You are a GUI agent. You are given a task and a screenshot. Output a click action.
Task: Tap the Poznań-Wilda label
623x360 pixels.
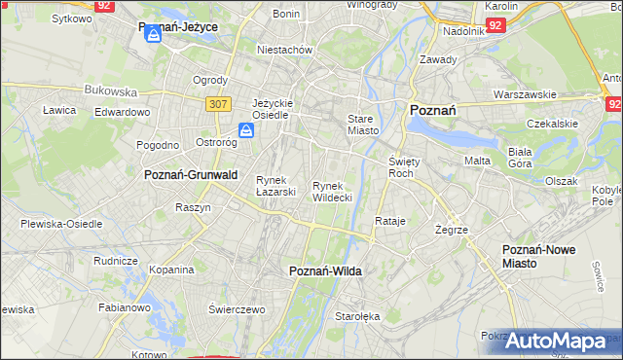click(x=326, y=271)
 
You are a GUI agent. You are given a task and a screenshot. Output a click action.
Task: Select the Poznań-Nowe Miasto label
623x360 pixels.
click(x=538, y=256)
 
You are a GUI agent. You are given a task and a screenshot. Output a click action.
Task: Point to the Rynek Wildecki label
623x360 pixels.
click(x=332, y=191)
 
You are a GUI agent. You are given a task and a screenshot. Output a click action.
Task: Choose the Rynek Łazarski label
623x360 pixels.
click(x=275, y=185)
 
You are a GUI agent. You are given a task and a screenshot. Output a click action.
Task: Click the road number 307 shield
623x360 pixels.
click(x=217, y=103)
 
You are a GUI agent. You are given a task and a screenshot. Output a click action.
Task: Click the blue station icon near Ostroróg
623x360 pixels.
click(x=247, y=129)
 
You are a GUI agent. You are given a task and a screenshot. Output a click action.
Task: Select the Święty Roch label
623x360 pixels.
click(x=402, y=166)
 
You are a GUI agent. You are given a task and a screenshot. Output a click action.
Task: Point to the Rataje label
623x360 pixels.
click(x=389, y=221)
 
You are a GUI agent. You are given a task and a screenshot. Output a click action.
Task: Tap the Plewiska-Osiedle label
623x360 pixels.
click(x=61, y=223)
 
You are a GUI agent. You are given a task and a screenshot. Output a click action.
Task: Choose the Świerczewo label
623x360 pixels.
click(x=237, y=308)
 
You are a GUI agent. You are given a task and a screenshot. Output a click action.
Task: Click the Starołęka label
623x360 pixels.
click(x=357, y=316)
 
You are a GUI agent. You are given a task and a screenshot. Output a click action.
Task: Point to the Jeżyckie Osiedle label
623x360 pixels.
click(x=272, y=108)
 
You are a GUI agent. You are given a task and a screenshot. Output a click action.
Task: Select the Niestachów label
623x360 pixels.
click(x=283, y=49)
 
